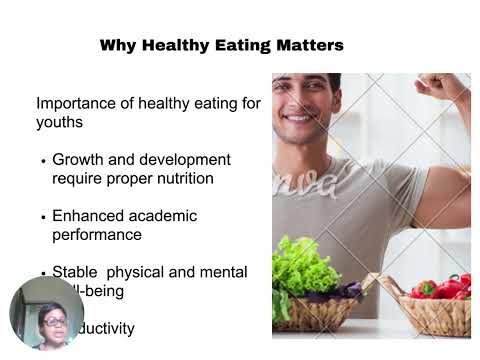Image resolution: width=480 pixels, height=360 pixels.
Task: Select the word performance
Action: [97, 235]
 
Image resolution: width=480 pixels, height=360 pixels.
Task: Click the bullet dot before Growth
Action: [43, 161]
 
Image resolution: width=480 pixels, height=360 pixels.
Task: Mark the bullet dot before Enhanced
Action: [43, 217]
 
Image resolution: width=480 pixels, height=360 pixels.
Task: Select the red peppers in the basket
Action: [440, 287]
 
